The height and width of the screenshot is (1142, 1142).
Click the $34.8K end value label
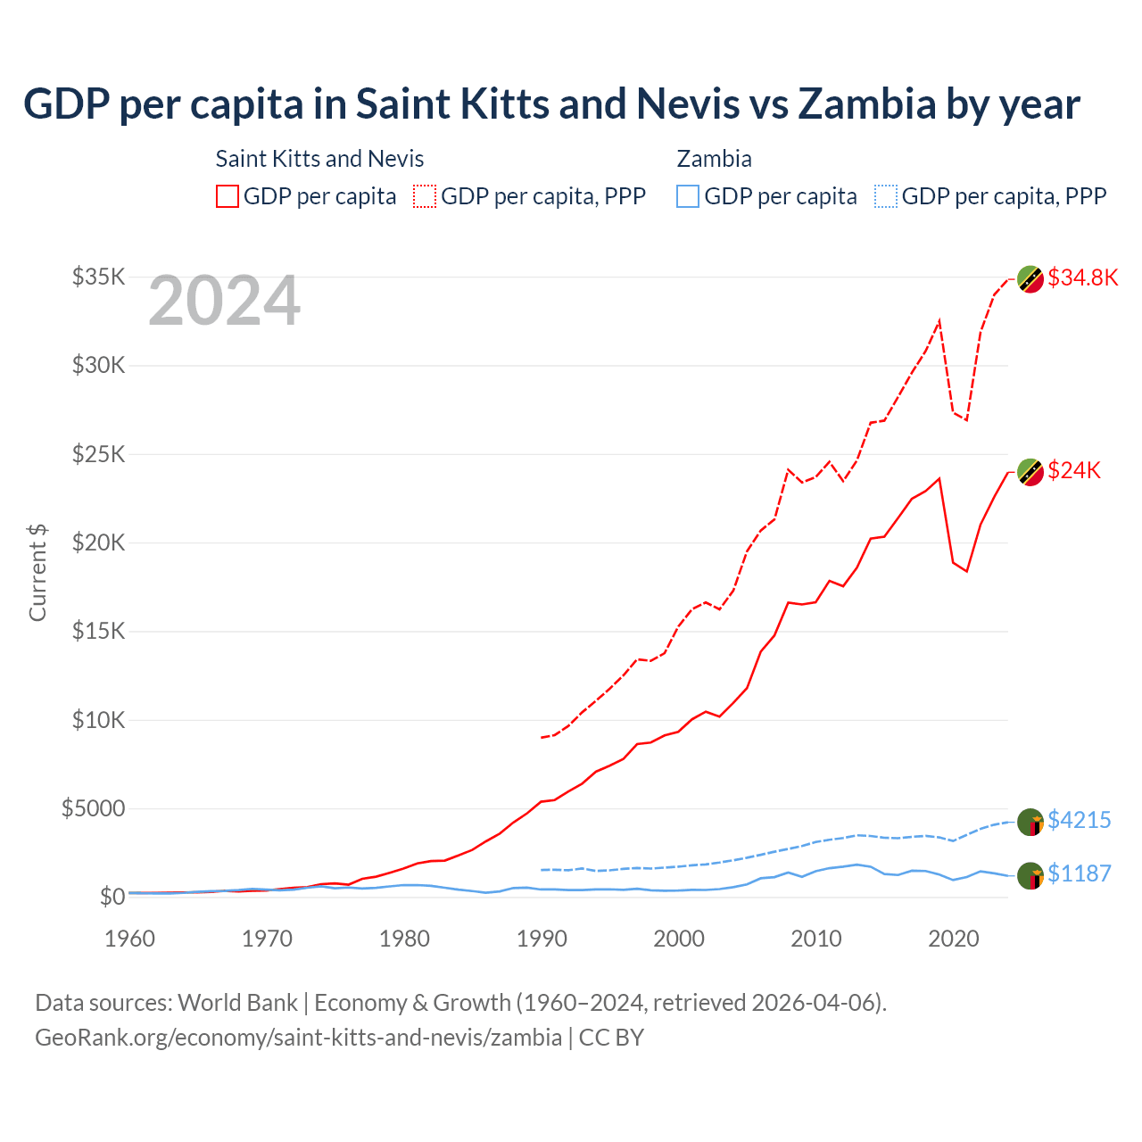(1082, 277)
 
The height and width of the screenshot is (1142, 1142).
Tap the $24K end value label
(1074, 470)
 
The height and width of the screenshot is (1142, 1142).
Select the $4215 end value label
(1079, 820)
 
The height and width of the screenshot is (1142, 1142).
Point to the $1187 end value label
(1079, 873)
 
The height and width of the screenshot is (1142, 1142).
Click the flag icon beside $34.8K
(1030, 279)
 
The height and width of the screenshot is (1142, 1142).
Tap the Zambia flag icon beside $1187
(1030, 876)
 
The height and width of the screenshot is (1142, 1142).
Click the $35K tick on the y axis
(98, 277)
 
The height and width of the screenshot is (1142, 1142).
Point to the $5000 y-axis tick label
(93, 808)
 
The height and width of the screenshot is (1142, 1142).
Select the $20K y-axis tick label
(98, 542)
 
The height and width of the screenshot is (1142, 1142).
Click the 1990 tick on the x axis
(542, 939)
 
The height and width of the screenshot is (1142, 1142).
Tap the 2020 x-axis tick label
(954, 939)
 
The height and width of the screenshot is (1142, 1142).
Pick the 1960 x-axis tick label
(130, 939)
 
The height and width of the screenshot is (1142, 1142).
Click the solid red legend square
(228, 196)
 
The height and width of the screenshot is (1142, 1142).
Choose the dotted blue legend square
(886, 196)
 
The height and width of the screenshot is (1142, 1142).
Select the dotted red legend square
(426, 196)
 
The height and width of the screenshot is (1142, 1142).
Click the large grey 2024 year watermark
(224, 302)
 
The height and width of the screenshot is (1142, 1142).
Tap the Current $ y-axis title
(37, 573)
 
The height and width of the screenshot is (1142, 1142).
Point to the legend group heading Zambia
(714, 159)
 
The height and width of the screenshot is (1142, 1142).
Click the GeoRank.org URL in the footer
(298, 1038)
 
